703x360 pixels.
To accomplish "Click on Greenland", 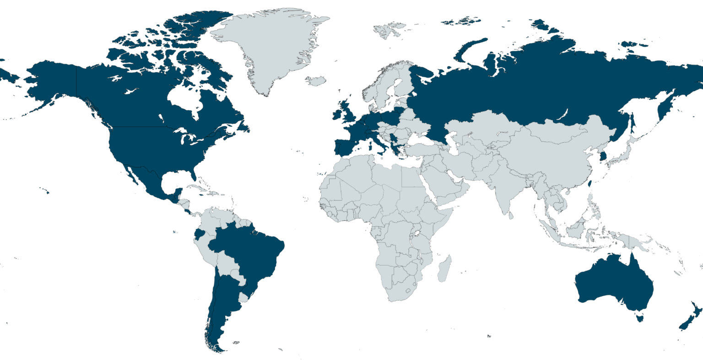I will (x=270, y=46).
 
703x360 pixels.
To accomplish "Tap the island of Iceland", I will (x=316, y=81).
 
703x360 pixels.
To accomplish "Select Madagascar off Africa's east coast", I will (x=444, y=269).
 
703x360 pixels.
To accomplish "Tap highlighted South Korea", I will (x=603, y=156).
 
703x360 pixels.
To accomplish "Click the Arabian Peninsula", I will (x=446, y=183).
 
